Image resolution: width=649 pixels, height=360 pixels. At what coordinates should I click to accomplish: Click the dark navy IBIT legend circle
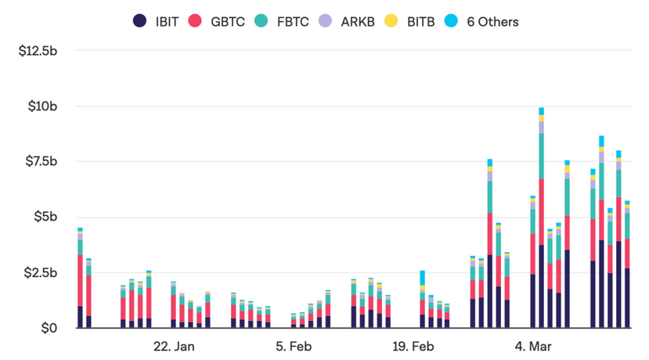pos(140,21)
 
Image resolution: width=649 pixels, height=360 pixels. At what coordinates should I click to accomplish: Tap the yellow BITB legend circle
pos(390,21)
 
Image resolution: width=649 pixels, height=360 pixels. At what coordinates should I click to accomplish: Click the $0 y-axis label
pos(51,328)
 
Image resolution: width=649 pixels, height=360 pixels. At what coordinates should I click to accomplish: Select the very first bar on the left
pos(80,282)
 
